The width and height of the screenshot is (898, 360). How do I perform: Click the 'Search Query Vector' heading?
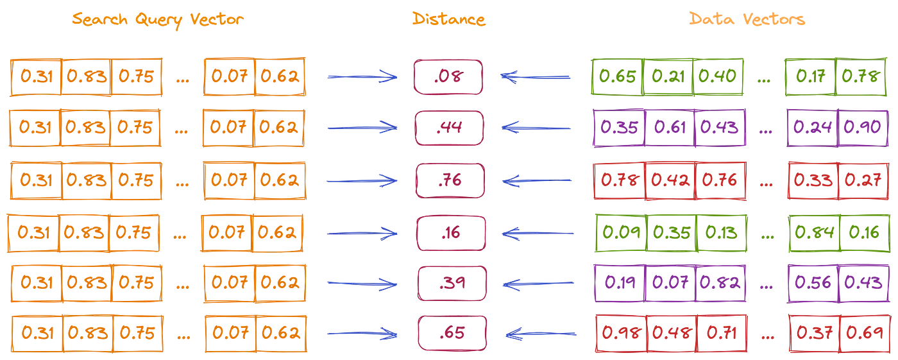[158, 19]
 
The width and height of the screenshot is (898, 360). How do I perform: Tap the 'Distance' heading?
[449, 19]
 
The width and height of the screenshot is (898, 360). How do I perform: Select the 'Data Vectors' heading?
[747, 19]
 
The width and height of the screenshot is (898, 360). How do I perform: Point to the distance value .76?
[449, 180]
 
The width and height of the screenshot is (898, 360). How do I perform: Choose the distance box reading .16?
[450, 232]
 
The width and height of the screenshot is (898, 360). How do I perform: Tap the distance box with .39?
[452, 282]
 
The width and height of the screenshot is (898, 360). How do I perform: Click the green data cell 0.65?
[617, 77]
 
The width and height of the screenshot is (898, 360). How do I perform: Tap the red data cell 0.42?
[670, 180]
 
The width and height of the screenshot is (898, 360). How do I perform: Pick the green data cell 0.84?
[814, 232]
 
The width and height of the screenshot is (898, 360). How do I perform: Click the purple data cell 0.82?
[720, 282]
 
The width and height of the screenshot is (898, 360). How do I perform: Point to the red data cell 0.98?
[621, 334]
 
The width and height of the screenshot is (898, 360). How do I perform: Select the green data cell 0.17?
[810, 77]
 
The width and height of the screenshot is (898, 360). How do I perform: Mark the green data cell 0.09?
[621, 232]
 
